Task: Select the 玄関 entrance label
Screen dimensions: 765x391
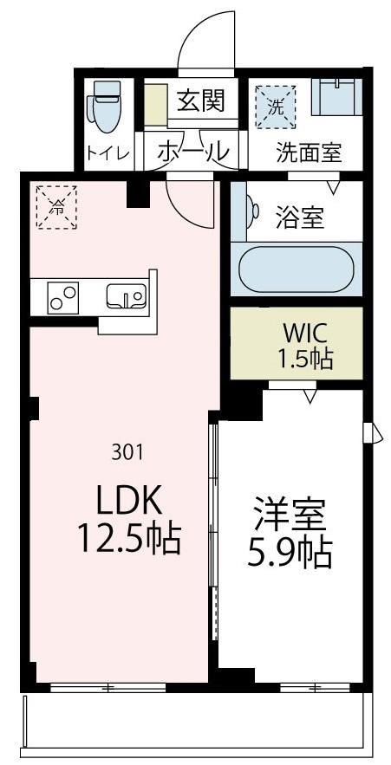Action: point(200,102)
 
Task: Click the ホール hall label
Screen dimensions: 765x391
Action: point(194,151)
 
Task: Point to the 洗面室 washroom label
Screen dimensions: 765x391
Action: point(309,152)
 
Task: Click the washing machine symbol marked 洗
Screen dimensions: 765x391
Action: point(275,107)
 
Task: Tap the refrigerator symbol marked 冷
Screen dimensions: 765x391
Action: point(56,206)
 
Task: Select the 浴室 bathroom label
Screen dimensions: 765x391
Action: point(300,217)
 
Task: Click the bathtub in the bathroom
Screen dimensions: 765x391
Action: point(296,270)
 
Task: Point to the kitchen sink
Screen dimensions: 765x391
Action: point(126,297)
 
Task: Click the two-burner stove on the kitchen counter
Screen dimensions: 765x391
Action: point(62,297)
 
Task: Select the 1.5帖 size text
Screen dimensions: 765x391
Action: point(305,359)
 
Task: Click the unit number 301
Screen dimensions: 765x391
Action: point(128,451)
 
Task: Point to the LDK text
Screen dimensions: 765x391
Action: point(129,500)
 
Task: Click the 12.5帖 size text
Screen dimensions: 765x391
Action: point(129,540)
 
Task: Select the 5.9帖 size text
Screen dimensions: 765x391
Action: point(290,553)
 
